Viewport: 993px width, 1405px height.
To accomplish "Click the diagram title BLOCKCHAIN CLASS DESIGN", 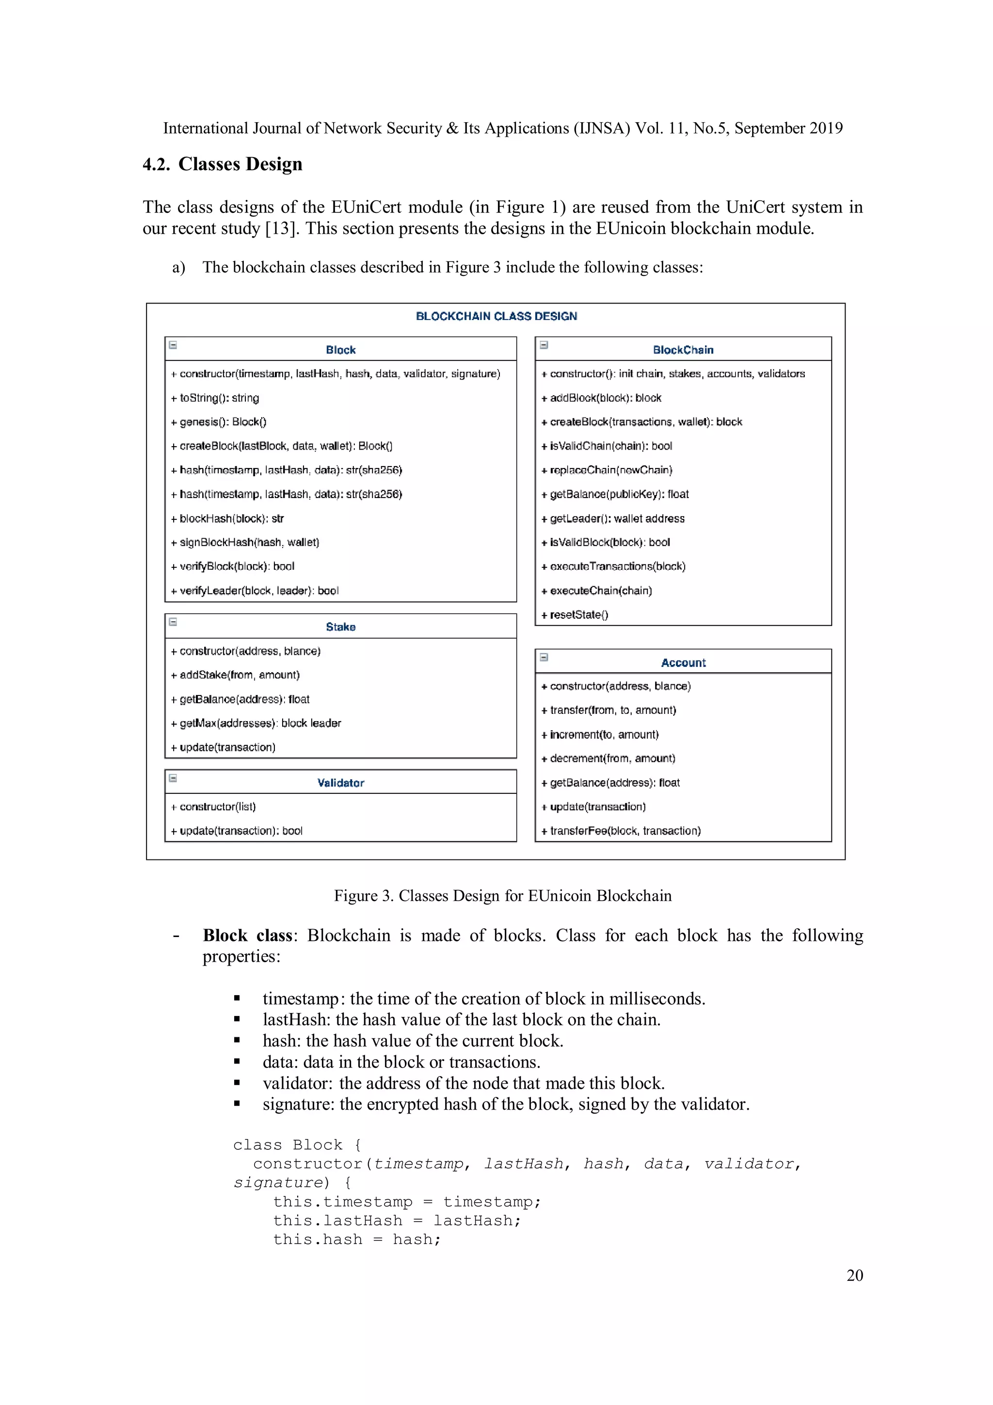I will click(496, 316).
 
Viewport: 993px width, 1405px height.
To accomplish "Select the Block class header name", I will click(340, 350).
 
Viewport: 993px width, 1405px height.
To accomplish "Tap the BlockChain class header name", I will click(683, 350).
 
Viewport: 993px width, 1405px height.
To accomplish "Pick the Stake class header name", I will click(340, 627).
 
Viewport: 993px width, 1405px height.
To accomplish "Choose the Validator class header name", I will click(340, 783).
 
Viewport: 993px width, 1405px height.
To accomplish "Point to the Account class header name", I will click(683, 662).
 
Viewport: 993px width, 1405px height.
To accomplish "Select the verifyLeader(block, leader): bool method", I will click(255, 591).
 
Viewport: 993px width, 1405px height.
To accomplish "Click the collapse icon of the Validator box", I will click(173, 778).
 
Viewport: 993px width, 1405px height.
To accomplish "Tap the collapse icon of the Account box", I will click(544, 657).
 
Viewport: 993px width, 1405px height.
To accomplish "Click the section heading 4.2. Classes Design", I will click(222, 164).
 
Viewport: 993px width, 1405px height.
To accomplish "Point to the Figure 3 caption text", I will click(502, 895).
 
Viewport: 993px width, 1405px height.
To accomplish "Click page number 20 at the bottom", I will click(854, 1276).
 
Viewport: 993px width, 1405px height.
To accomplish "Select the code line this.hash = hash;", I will click(357, 1240).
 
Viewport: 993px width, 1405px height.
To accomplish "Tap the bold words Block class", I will click(247, 935).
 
